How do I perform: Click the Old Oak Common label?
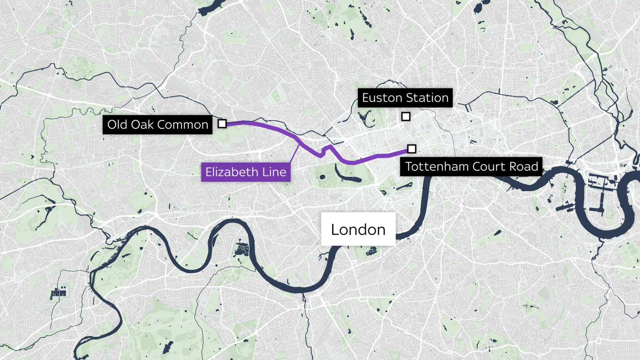pyautogui.click(x=158, y=124)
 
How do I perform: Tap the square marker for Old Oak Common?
pyautogui.click(x=222, y=124)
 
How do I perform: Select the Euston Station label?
pyautogui.click(x=405, y=98)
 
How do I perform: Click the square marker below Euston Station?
pyautogui.click(x=406, y=116)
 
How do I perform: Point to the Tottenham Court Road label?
pyautogui.click(x=471, y=166)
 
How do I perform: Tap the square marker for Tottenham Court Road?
pyautogui.click(x=412, y=149)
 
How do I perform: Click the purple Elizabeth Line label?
pyautogui.click(x=246, y=172)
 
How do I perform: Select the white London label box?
pyautogui.click(x=358, y=229)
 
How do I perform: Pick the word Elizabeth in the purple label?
pyautogui.click(x=232, y=172)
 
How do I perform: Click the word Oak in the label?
pyautogui.click(x=142, y=124)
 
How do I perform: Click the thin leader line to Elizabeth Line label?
pyautogui.click(x=295, y=154)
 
